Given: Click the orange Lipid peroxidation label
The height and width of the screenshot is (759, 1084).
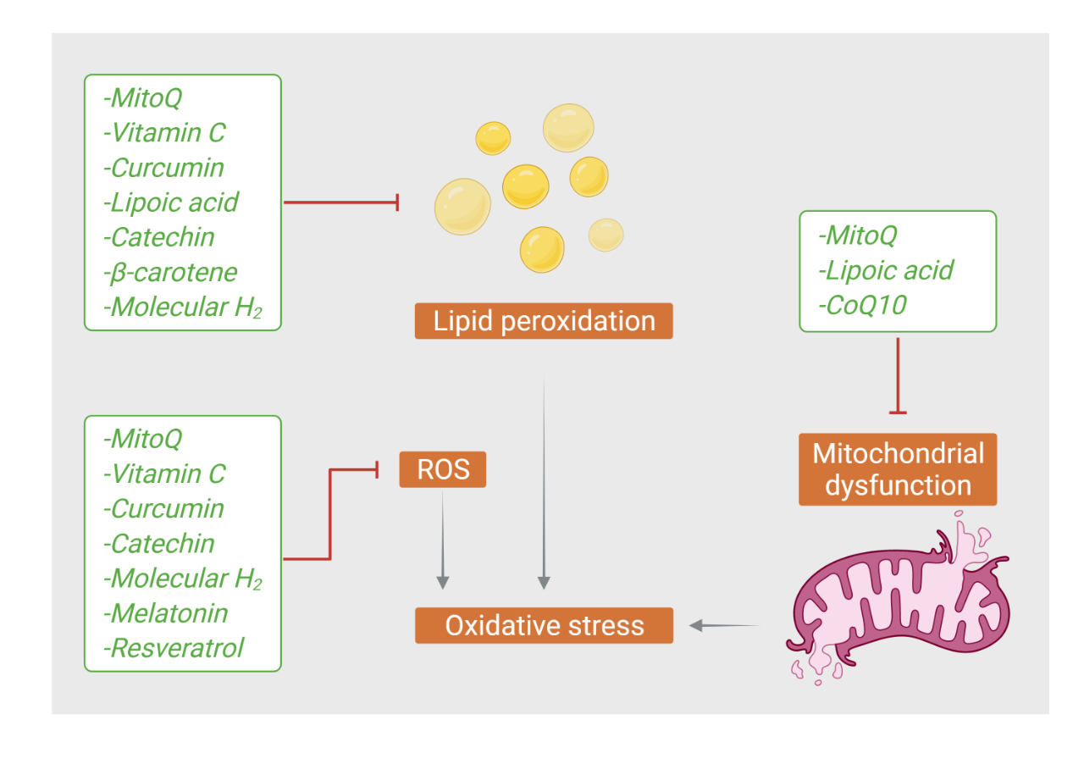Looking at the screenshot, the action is click(x=544, y=321).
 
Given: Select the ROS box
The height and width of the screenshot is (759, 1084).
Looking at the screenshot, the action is click(x=443, y=469).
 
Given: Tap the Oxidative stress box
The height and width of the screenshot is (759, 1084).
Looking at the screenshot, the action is click(x=544, y=625).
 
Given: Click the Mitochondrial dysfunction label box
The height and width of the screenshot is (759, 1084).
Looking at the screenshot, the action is click(x=898, y=469).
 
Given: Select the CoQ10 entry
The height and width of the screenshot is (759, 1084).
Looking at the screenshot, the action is click(x=862, y=305).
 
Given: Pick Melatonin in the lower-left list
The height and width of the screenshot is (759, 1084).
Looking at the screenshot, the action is click(x=165, y=613).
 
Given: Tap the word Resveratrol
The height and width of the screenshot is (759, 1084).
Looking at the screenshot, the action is click(x=174, y=648).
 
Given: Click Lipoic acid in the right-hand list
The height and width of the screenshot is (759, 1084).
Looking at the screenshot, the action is click(x=886, y=270).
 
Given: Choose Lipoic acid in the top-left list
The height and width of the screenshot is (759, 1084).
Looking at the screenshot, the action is click(x=171, y=202).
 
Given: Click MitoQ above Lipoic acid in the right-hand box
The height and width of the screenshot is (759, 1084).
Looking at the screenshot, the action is click(x=858, y=235).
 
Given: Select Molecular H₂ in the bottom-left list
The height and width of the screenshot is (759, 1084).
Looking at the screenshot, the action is click(x=183, y=579).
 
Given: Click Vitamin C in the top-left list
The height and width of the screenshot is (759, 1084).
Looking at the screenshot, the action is click(x=164, y=133).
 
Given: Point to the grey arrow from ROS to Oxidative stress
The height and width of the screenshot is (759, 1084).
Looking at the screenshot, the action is click(x=443, y=540).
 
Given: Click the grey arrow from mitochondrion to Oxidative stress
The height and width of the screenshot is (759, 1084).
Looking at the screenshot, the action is click(x=724, y=625).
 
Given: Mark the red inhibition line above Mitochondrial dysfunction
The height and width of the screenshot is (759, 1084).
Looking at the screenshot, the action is click(x=898, y=375).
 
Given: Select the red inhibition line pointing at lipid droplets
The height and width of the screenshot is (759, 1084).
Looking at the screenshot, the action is click(x=341, y=202).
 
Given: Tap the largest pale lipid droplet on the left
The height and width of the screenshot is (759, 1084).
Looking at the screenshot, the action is click(x=462, y=207).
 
